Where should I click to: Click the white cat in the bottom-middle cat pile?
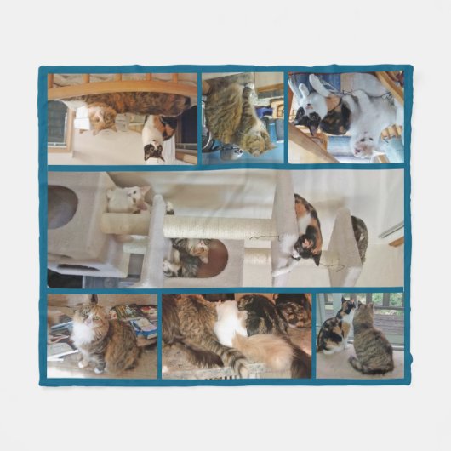pyautogui.click(x=229, y=323)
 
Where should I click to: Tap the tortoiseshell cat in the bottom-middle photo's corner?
pyautogui.click(x=294, y=310)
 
